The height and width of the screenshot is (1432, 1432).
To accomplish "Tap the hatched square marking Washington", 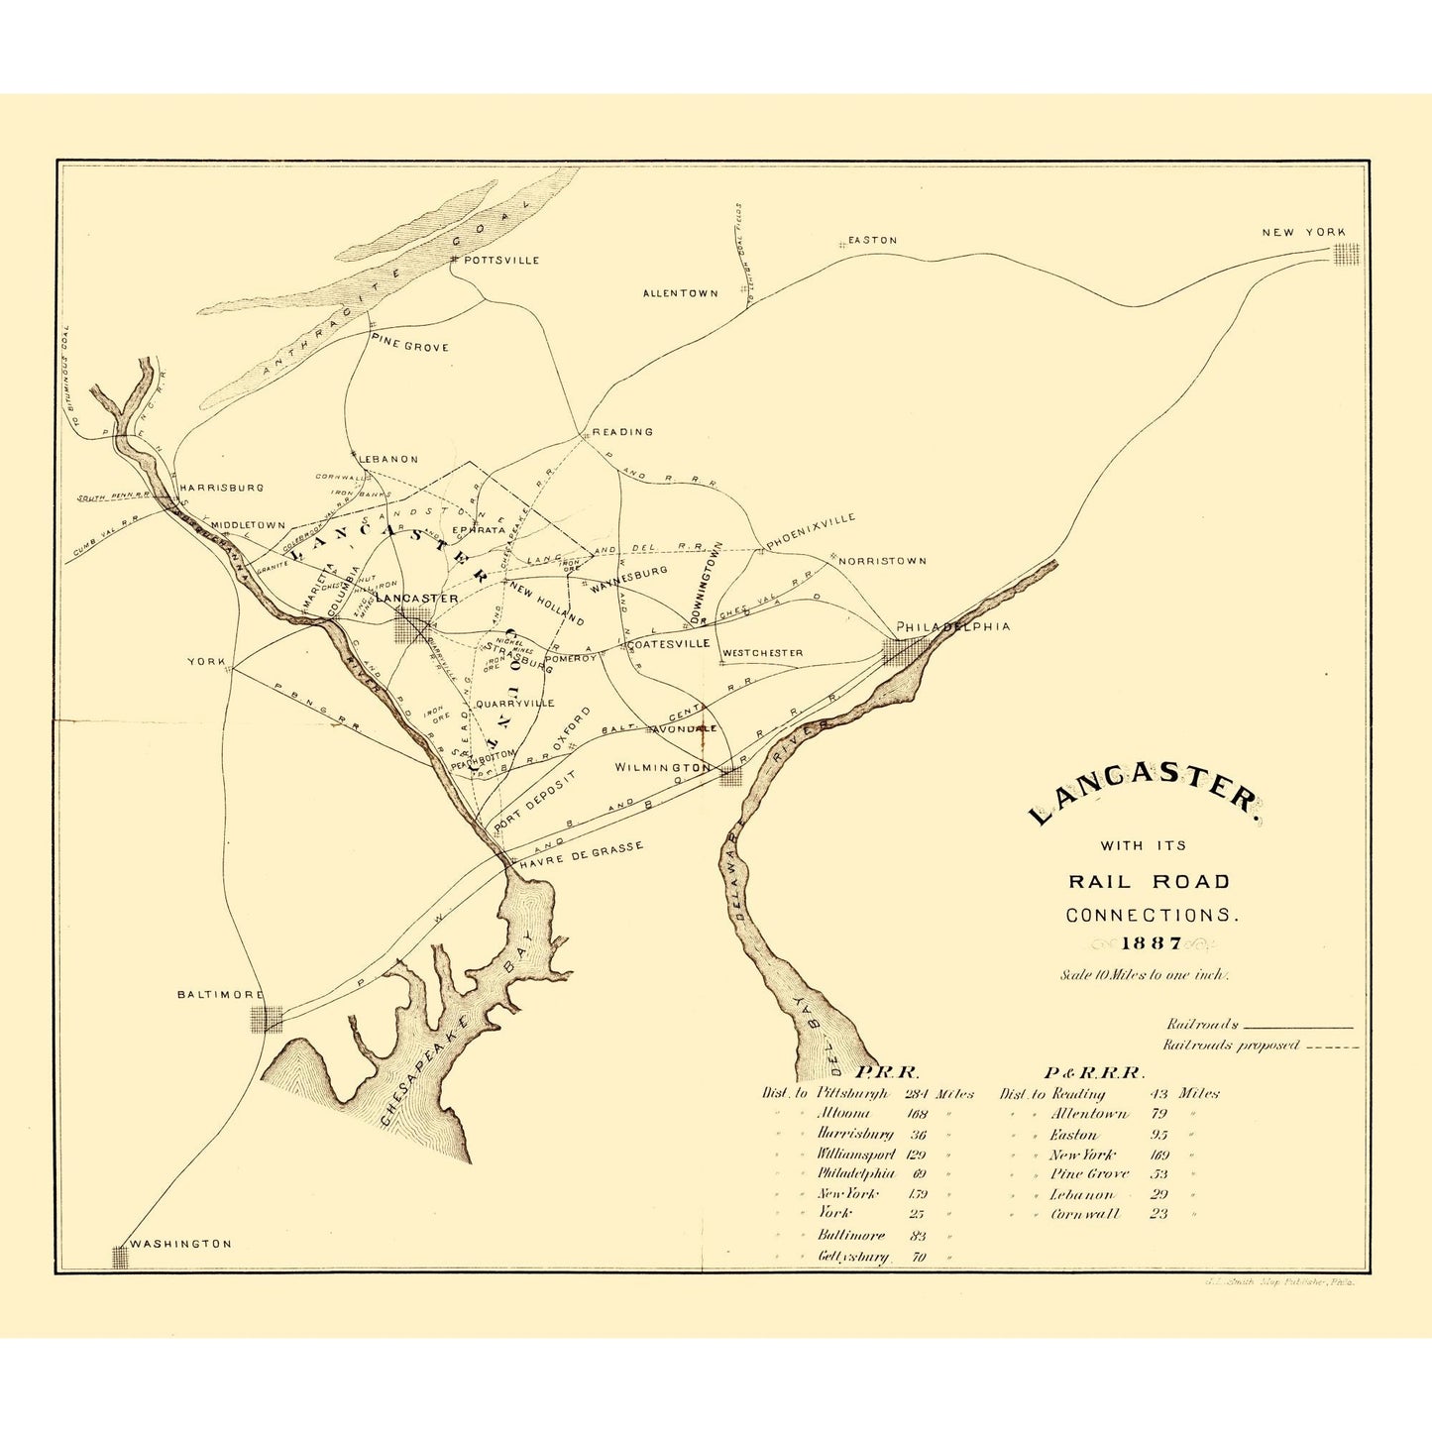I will pos(121,1257).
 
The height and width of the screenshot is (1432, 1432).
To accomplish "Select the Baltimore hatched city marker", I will pos(267,1019).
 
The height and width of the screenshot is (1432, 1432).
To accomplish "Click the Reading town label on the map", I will pos(622,432).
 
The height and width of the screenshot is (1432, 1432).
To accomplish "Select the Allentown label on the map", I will pos(680,293).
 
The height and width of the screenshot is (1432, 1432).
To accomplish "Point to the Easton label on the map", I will pos(872,240).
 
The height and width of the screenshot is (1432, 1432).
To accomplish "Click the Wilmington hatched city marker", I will pos(730,776).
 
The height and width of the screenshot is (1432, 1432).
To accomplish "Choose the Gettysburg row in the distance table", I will pos(852,1257).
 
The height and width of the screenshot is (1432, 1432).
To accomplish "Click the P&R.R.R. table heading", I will pos(1095,1072).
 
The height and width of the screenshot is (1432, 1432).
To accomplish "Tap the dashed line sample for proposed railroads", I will pos(1332,1046).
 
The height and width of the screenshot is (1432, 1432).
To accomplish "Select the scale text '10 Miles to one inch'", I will pos(1144,974).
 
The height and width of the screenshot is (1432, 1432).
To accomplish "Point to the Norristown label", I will pos(882,561).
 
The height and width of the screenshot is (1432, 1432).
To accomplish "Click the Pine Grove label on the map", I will pos(409,347).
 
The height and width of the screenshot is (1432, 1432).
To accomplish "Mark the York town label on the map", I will pos(206,661).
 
